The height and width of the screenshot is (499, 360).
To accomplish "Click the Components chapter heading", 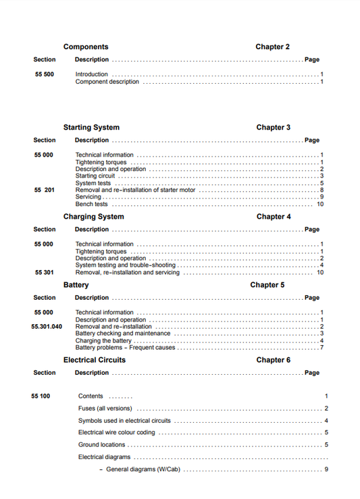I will (x=86, y=47).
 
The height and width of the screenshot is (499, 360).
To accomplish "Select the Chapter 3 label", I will (x=274, y=127).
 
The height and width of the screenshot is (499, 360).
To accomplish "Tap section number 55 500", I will (x=45, y=74).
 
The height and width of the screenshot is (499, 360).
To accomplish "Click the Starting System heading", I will (x=91, y=127).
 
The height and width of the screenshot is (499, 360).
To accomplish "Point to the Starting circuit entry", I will (x=95, y=176).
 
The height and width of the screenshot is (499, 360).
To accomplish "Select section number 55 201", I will (x=45, y=190).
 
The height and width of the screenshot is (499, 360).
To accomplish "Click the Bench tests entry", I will (x=91, y=204).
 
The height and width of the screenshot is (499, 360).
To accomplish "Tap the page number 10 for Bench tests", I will (x=320, y=204).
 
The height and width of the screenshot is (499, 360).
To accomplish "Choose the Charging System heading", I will (x=93, y=217).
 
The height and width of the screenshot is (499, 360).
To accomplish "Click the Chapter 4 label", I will (x=274, y=217).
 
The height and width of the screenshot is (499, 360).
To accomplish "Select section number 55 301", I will (x=45, y=273).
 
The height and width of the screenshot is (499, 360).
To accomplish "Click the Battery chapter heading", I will (x=76, y=285).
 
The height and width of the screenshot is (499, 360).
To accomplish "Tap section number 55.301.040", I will (x=47, y=327).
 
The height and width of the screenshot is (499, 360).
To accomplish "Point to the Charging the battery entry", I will (x=103, y=341).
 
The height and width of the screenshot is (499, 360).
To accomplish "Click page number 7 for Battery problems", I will (x=322, y=348).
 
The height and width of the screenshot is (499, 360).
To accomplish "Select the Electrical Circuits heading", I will (x=95, y=360).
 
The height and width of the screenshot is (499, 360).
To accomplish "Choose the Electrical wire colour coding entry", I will (x=116, y=433).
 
